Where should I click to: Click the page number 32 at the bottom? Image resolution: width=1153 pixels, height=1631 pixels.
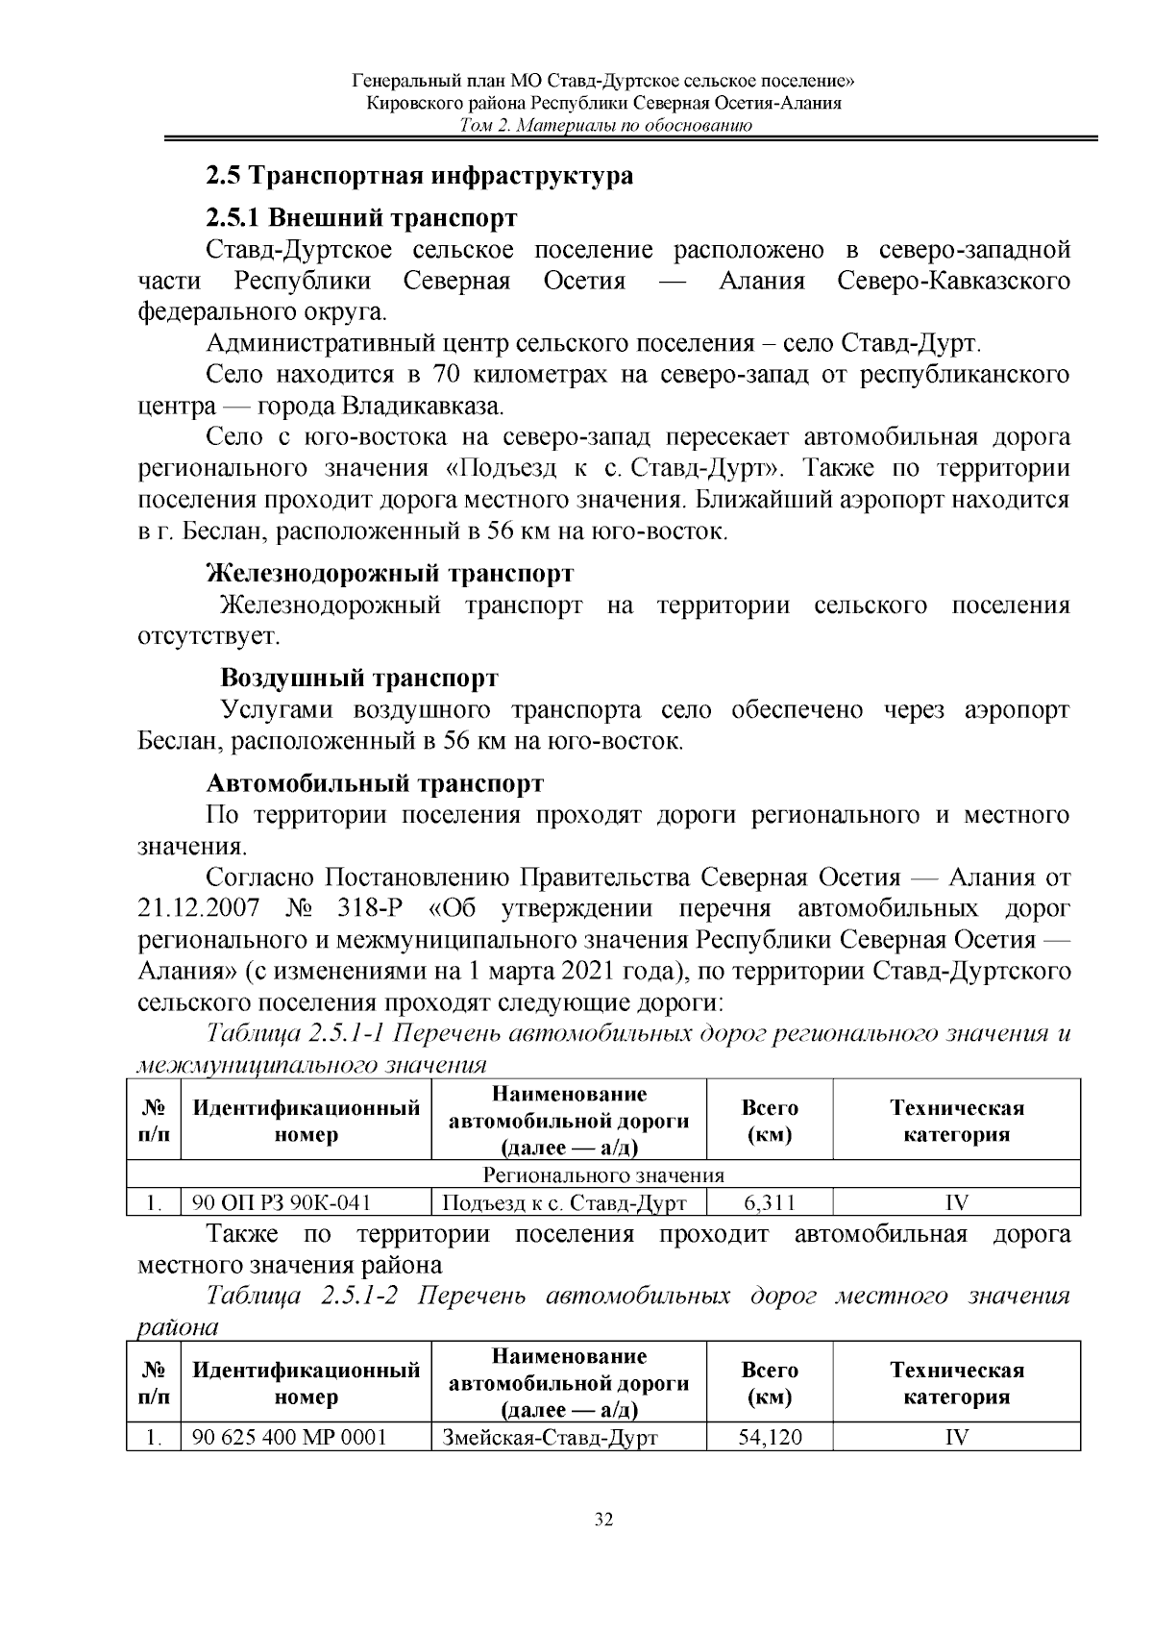pyautogui.click(x=604, y=1520)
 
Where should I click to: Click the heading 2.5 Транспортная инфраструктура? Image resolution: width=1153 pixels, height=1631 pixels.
pyautogui.click(x=420, y=176)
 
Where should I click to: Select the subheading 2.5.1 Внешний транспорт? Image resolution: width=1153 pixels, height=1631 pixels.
pyautogui.click(x=362, y=218)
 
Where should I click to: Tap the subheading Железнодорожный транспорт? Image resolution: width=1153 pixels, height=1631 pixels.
pyautogui.click(x=390, y=574)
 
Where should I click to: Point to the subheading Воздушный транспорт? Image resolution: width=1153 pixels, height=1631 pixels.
pyautogui.click(x=359, y=679)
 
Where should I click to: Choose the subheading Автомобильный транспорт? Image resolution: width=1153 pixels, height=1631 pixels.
pyautogui.click(x=376, y=783)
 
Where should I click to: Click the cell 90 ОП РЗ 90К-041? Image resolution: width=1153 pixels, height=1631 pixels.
pyautogui.click(x=282, y=1202)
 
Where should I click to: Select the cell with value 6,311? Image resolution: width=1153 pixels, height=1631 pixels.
pyautogui.click(x=770, y=1202)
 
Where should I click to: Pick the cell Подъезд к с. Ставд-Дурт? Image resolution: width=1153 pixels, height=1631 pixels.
pyautogui.click(x=564, y=1202)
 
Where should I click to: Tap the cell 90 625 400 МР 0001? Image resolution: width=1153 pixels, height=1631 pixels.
pyautogui.click(x=289, y=1437)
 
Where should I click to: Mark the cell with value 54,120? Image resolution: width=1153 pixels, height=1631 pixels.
pyautogui.click(x=770, y=1437)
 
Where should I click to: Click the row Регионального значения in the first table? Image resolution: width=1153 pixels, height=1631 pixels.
pyautogui.click(x=603, y=1175)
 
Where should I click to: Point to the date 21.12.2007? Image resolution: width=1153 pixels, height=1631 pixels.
pyautogui.click(x=199, y=909)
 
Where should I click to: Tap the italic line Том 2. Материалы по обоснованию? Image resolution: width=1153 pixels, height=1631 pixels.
pyautogui.click(x=605, y=126)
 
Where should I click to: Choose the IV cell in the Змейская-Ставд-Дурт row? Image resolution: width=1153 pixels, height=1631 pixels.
pyautogui.click(x=956, y=1437)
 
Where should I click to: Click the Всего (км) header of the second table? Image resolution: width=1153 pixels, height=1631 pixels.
pyautogui.click(x=770, y=1383)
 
